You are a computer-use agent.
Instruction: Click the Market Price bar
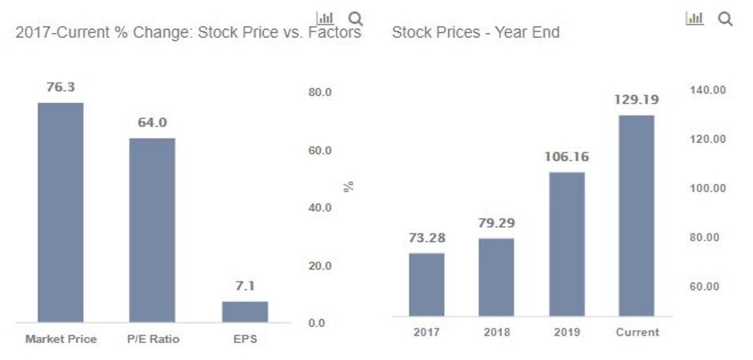(61, 212)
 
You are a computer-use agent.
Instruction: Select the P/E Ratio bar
(152, 230)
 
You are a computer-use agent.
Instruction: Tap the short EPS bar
(244, 311)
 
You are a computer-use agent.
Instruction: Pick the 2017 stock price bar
(426, 285)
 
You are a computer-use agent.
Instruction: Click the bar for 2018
(496, 277)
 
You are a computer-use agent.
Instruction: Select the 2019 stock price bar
(566, 244)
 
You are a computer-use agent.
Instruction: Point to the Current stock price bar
(637, 215)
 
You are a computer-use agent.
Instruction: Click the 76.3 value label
(61, 87)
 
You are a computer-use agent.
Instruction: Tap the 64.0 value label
(152, 123)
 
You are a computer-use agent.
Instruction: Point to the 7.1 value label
(244, 286)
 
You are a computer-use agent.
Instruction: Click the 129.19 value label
(637, 100)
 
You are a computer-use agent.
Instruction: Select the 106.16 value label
(566, 156)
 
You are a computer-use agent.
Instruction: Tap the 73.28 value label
(426, 237)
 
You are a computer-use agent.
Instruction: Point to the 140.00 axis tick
(707, 90)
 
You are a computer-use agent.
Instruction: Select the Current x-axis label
(637, 332)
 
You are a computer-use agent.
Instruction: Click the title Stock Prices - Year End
(476, 33)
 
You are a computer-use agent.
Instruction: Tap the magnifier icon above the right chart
(725, 19)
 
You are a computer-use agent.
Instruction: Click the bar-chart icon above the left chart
(324, 18)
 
